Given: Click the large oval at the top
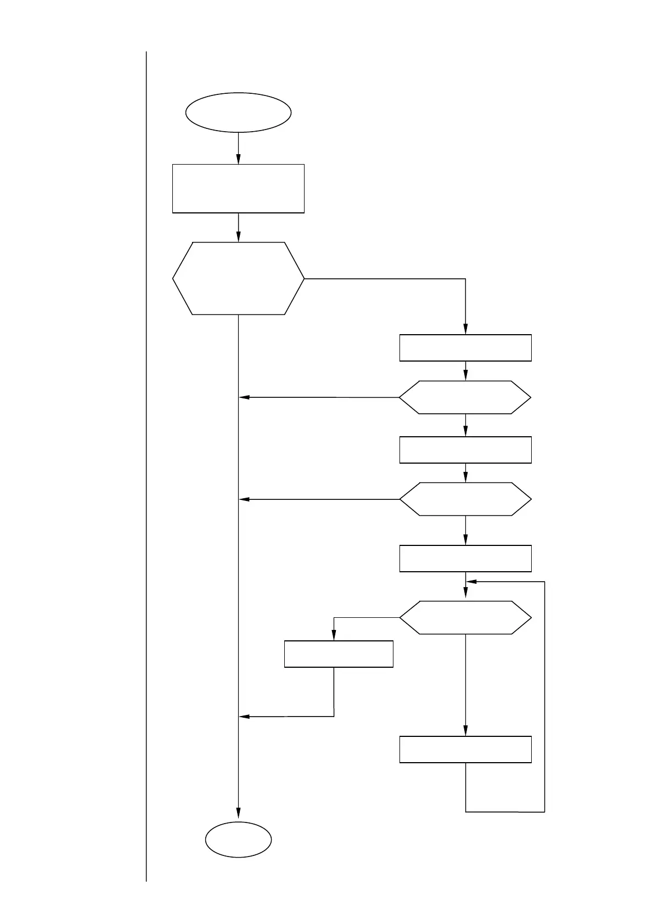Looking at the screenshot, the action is (238, 112).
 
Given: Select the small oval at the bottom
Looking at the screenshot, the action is (238, 840).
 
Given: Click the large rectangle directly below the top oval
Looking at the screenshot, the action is (238, 188).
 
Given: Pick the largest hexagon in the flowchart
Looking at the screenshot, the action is (238, 278).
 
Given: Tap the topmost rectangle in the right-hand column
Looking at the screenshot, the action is (465, 348).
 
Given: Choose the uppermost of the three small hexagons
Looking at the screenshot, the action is (465, 397).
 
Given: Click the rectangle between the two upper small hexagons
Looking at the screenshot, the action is (465, 450).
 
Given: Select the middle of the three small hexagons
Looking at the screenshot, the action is (465, 499).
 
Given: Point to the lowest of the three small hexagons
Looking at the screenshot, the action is (465, 618).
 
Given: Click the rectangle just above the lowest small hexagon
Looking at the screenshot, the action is (465, 559).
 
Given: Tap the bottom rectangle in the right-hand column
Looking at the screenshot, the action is (465, 750).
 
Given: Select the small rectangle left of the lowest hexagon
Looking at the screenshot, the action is (339, 654).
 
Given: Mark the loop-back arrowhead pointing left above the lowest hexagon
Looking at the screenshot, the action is (471, 582).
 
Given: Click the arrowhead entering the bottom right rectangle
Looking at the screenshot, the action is (466, 732).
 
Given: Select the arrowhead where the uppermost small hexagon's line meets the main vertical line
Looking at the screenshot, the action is (244, 397).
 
